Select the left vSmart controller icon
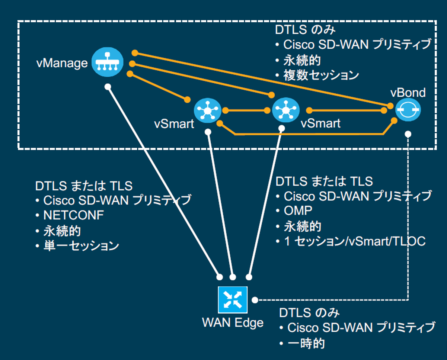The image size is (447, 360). pos(208,110)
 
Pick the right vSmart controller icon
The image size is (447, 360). pos(285,110)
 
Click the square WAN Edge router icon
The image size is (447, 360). pos(233,300)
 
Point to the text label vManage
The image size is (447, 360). pos(62,63)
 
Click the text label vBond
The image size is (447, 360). pos(408,92)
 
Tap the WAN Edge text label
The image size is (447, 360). pos(233,322)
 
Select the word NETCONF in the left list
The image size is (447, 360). pos(68,215)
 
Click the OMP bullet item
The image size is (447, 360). pos(298,210)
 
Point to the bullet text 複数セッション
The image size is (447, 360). pos(321,75)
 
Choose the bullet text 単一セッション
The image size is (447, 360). pos(81,246)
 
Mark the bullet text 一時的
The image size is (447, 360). pos(306,343)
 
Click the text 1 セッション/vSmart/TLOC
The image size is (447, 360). pos(354,241)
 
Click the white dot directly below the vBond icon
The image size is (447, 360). pos(408,134)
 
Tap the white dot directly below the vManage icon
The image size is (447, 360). pos(108,87)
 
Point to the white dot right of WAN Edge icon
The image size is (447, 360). pos(255,300)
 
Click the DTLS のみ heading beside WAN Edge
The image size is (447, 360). pos(309,313)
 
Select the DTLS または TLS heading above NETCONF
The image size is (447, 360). pos(84,186)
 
